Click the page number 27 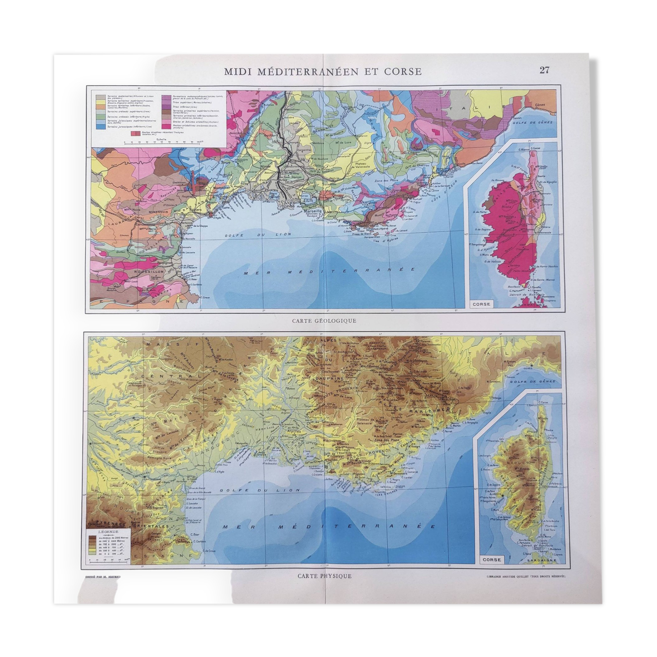point(544,70)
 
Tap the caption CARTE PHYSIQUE point(324,576)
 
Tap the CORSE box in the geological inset point(481,304)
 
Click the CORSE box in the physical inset point(492,560)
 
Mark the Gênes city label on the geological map point(540,105)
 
